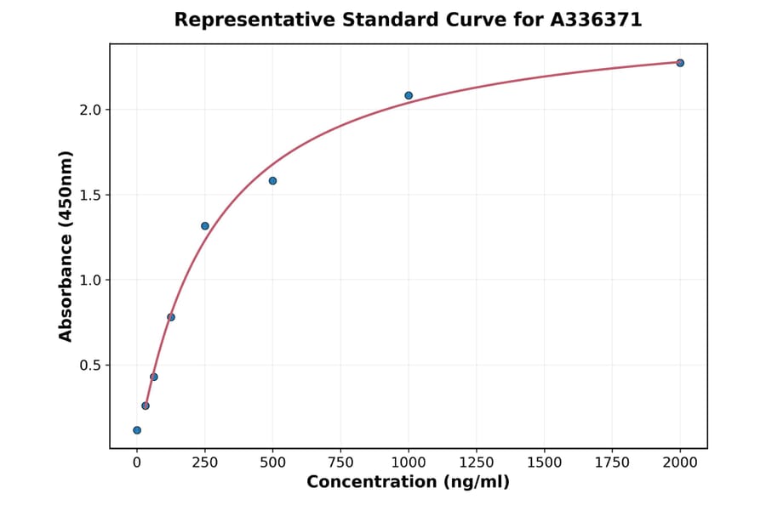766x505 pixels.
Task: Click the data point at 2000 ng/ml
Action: (680, 63)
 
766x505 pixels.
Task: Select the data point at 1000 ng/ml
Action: (409, 95)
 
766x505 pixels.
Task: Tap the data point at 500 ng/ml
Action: (272, 181)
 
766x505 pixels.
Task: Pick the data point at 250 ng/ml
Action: (205, 226)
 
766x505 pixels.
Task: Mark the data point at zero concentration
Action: (137, 430)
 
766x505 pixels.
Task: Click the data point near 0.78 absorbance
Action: (171, 317)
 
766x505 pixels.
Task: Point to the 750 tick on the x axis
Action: (340, 462)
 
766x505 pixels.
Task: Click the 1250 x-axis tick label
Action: (477, 462)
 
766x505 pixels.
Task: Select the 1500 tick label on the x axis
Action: (545, 462)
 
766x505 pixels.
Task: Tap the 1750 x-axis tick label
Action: (612, 462)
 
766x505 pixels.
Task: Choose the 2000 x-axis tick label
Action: (680, 462)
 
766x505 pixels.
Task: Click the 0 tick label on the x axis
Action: (137, 462)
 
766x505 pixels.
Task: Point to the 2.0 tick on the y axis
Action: (91, 110)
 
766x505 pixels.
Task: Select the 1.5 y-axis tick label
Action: (91, 195)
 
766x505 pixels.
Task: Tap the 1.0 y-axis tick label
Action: (91, 280)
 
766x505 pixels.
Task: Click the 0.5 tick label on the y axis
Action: (91, 366)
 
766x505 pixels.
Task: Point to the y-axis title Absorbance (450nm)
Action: (66, 246)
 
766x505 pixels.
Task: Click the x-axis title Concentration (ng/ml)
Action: (408, 483)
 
